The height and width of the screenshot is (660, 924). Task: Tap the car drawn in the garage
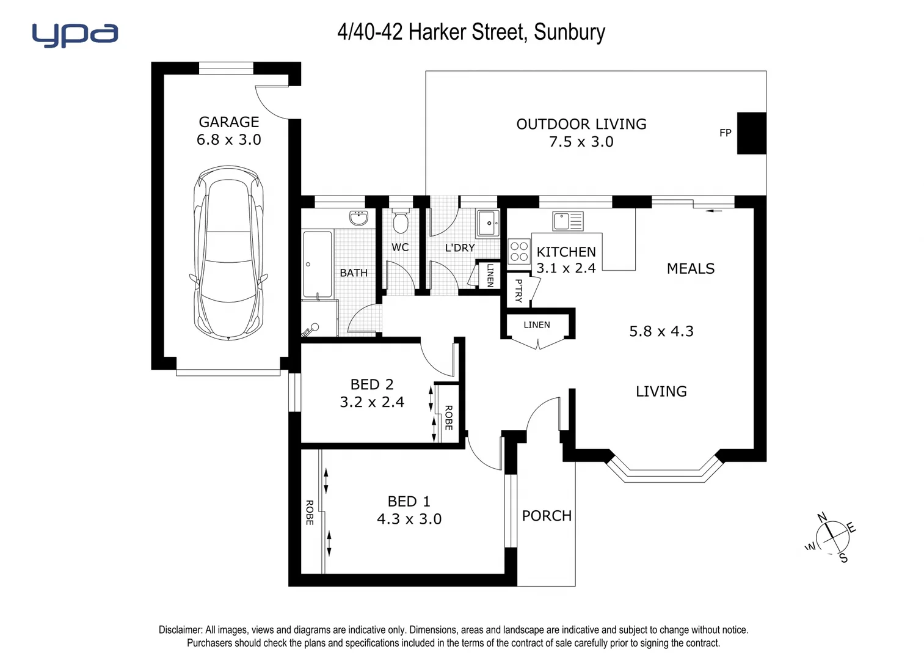(x=229, y=252)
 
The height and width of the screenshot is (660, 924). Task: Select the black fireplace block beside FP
(x=751, y=133)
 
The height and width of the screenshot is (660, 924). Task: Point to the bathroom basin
(x=358, y=218)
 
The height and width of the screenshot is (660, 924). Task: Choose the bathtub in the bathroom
(x=317, y=264)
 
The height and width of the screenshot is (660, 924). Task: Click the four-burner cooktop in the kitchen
(x=519, y=251)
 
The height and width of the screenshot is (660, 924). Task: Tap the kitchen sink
(x=568, y=221)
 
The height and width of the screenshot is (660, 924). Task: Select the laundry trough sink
(x=489, y=223)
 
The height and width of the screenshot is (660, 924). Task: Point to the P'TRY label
(x=518, y=290)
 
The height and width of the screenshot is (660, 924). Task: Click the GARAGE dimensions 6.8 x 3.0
(x=229, y=140)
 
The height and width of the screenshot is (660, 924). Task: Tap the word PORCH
(x=547, y=516)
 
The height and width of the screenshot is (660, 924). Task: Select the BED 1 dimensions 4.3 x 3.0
(x=409, y=519)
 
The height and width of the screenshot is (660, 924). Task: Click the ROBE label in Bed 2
(x=448, y=418)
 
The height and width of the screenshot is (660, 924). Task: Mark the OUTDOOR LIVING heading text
(x=581, y=124)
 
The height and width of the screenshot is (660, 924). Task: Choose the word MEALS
(x=691, y=269)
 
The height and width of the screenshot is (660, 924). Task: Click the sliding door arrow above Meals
(x=713, y=211)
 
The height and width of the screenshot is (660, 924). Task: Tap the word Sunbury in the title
(x=569, y=32)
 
